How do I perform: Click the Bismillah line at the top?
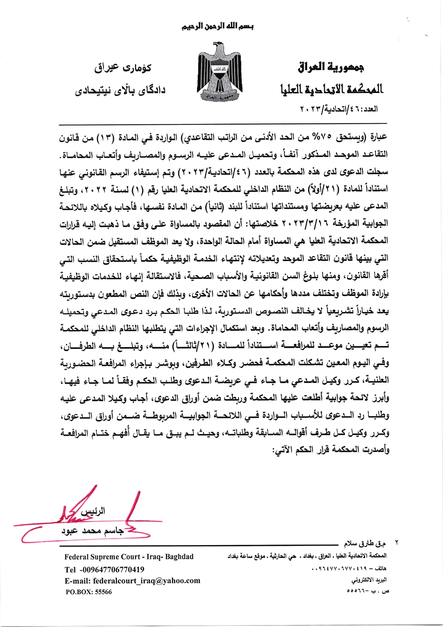218,26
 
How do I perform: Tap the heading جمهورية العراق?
331,67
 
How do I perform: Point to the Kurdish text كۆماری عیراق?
122,68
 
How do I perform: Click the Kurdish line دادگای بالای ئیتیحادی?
120,90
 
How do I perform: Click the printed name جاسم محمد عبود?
92,531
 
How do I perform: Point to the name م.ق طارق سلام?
364,544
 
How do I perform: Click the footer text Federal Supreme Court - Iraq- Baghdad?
129,557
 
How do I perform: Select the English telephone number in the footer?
105,569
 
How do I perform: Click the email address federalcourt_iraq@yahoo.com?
132,581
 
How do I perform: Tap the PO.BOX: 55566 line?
89,592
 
